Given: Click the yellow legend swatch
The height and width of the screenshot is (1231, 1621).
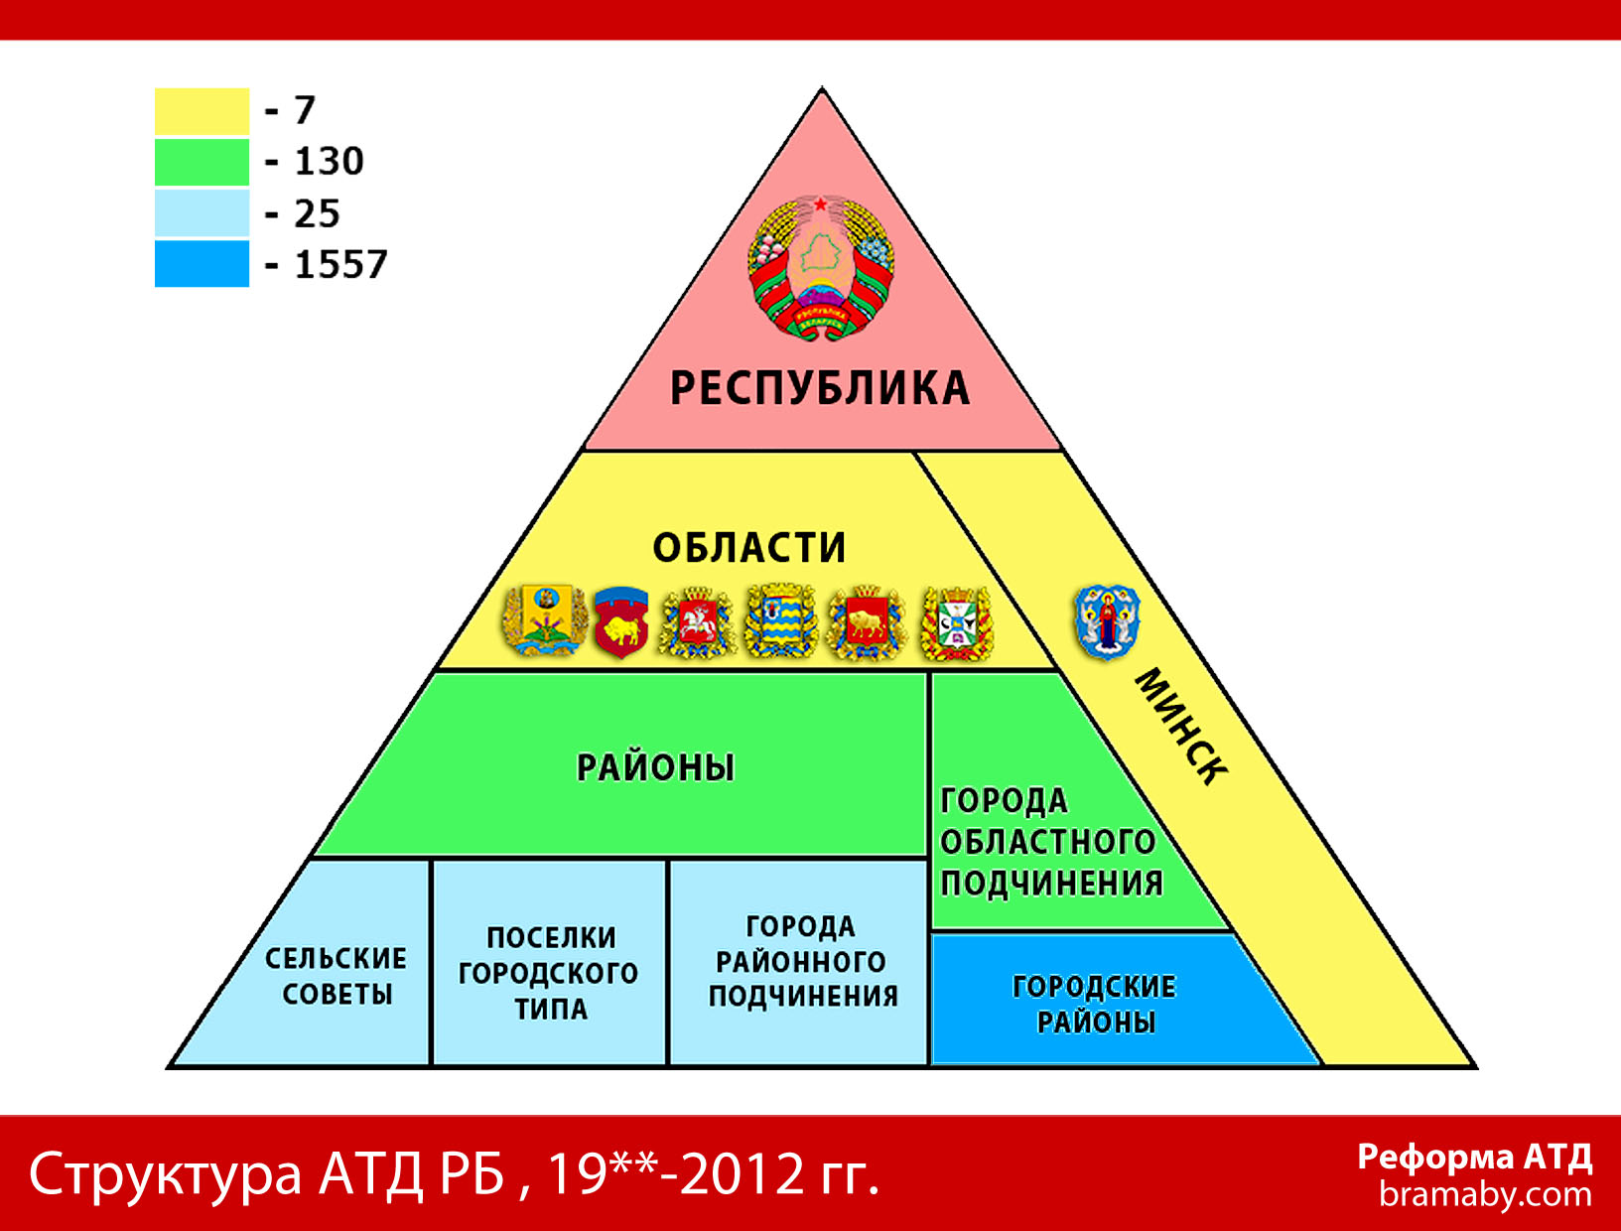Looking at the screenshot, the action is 202,111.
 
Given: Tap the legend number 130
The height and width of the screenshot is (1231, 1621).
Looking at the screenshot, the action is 329,161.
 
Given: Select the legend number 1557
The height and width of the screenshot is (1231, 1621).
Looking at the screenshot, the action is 340,264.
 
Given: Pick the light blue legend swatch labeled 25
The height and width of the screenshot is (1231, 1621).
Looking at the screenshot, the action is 202,212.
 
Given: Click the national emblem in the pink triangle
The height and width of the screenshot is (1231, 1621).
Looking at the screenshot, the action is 821,267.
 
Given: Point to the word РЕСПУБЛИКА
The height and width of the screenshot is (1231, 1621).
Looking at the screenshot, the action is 820,388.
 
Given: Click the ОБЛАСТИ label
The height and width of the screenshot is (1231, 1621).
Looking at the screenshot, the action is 748,548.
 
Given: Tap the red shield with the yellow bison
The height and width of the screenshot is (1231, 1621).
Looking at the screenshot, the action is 621,621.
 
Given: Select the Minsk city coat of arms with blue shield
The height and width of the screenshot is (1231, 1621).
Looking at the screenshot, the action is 1107,621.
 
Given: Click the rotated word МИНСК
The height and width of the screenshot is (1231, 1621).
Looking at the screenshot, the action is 1181,727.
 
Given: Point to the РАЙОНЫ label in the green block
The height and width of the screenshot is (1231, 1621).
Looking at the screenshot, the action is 655,767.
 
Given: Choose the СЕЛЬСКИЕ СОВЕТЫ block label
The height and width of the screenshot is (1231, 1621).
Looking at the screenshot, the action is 337,977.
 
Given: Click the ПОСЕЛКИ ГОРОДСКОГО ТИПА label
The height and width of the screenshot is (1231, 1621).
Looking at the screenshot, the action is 549,974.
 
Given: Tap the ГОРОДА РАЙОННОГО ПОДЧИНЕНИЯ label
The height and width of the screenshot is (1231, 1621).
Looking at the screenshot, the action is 803,961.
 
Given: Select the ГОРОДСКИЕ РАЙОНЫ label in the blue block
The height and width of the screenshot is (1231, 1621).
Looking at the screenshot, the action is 1094,1005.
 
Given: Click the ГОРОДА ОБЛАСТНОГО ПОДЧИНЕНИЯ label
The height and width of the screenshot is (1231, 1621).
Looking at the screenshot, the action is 1051,843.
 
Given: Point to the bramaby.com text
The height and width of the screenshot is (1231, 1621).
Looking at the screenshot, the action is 1485,1194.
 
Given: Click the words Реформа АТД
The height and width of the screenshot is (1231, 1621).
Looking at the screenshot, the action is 1475,1158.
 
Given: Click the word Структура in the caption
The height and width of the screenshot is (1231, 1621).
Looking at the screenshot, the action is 166,1175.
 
